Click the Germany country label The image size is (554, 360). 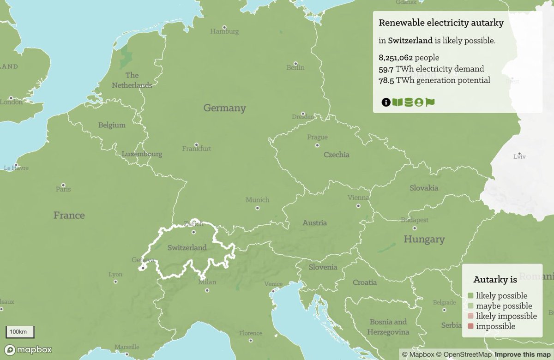(225, 108)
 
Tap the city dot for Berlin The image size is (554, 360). (295, 64)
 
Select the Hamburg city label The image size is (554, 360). (224, 31)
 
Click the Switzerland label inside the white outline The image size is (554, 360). (187, 247)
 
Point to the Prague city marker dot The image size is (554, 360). (317, 145)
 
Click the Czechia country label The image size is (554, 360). (337, 155)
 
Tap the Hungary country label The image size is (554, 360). (424, 239)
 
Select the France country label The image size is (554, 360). (69, 215)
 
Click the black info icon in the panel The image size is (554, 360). (386, 102)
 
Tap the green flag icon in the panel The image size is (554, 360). (430, 102)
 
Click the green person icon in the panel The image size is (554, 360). (419, 102)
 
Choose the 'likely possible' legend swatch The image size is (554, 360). (470, 296)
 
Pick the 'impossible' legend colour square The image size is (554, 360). (470, 326)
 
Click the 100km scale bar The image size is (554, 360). (19, 332)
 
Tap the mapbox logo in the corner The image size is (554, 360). (29, 349)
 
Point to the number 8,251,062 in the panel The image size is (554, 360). (396, 58)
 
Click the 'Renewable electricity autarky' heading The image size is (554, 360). (441, 23)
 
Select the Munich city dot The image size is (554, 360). (257, 208)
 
